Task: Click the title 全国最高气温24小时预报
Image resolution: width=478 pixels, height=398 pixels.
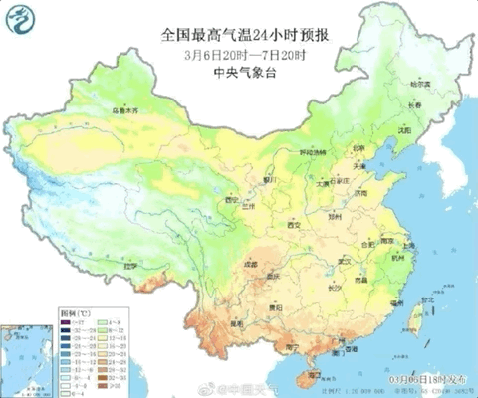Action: [x=246, y=34]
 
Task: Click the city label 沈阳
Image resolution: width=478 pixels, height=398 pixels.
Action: [x=402, y=129]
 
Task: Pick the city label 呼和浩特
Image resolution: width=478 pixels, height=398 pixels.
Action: [x=313, y=153]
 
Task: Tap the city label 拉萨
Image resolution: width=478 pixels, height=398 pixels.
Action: [x=127, y=268]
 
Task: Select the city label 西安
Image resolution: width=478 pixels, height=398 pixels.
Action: [x=292, y=226]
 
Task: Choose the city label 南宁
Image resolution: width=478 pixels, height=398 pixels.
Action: [x=292, y=347]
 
